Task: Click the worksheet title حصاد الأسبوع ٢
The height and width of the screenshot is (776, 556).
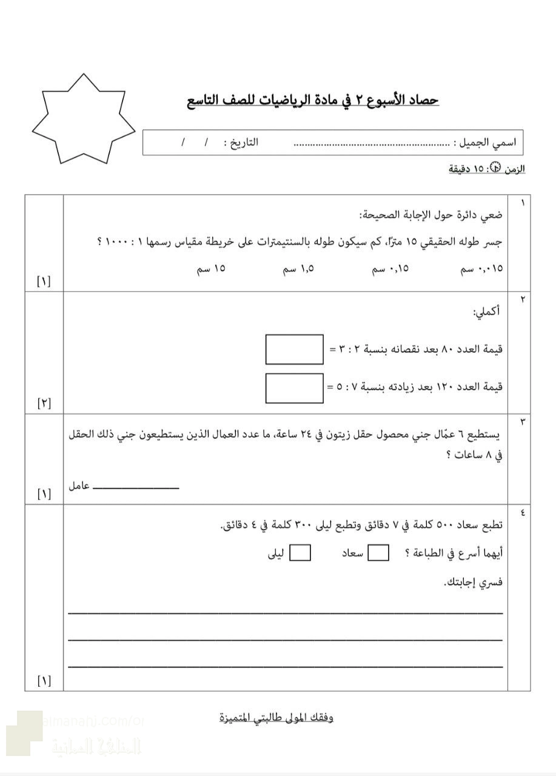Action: tap(313, 100)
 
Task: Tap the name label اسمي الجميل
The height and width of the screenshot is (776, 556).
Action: tap(485, 144)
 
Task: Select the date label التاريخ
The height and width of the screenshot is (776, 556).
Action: tap(241, 143)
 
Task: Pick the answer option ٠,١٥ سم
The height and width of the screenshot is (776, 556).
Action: tap(390, 268)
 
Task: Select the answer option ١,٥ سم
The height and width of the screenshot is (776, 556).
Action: tap(298, 268)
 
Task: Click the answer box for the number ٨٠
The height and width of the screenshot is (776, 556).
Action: tap(294, 349)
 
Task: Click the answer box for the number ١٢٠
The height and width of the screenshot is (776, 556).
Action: tap(294, 388)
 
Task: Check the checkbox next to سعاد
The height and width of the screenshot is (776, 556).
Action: tap(378, 553)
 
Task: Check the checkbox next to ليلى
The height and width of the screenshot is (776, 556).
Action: tap(300, 553)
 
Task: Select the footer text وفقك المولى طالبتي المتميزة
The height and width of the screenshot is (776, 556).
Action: tap(276, 718)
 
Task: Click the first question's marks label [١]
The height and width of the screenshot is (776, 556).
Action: tap(44, 281)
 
